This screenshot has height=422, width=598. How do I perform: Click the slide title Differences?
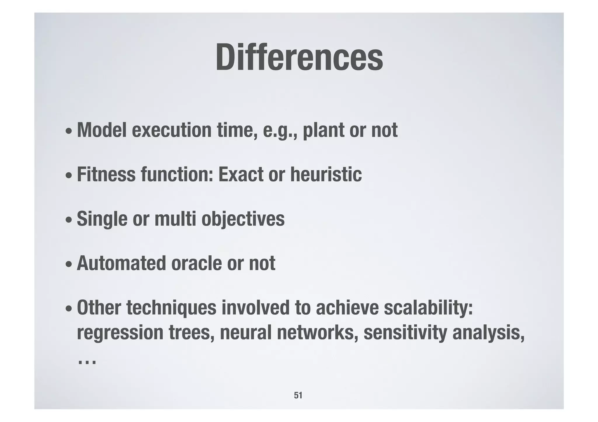299,57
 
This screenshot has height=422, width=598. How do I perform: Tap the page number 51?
298,395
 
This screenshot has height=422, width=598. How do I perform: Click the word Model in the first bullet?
102,130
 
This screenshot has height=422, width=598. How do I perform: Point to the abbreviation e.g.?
280,130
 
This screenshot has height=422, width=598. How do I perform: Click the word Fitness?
106,174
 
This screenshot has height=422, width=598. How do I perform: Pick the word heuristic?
326,174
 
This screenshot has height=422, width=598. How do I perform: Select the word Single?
102,219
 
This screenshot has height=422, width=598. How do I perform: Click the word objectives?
243,219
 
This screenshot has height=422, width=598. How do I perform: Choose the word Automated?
121,263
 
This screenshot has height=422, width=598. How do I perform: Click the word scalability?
428,308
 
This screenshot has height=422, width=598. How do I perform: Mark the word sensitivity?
405,333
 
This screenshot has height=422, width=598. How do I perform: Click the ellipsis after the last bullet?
87,363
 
